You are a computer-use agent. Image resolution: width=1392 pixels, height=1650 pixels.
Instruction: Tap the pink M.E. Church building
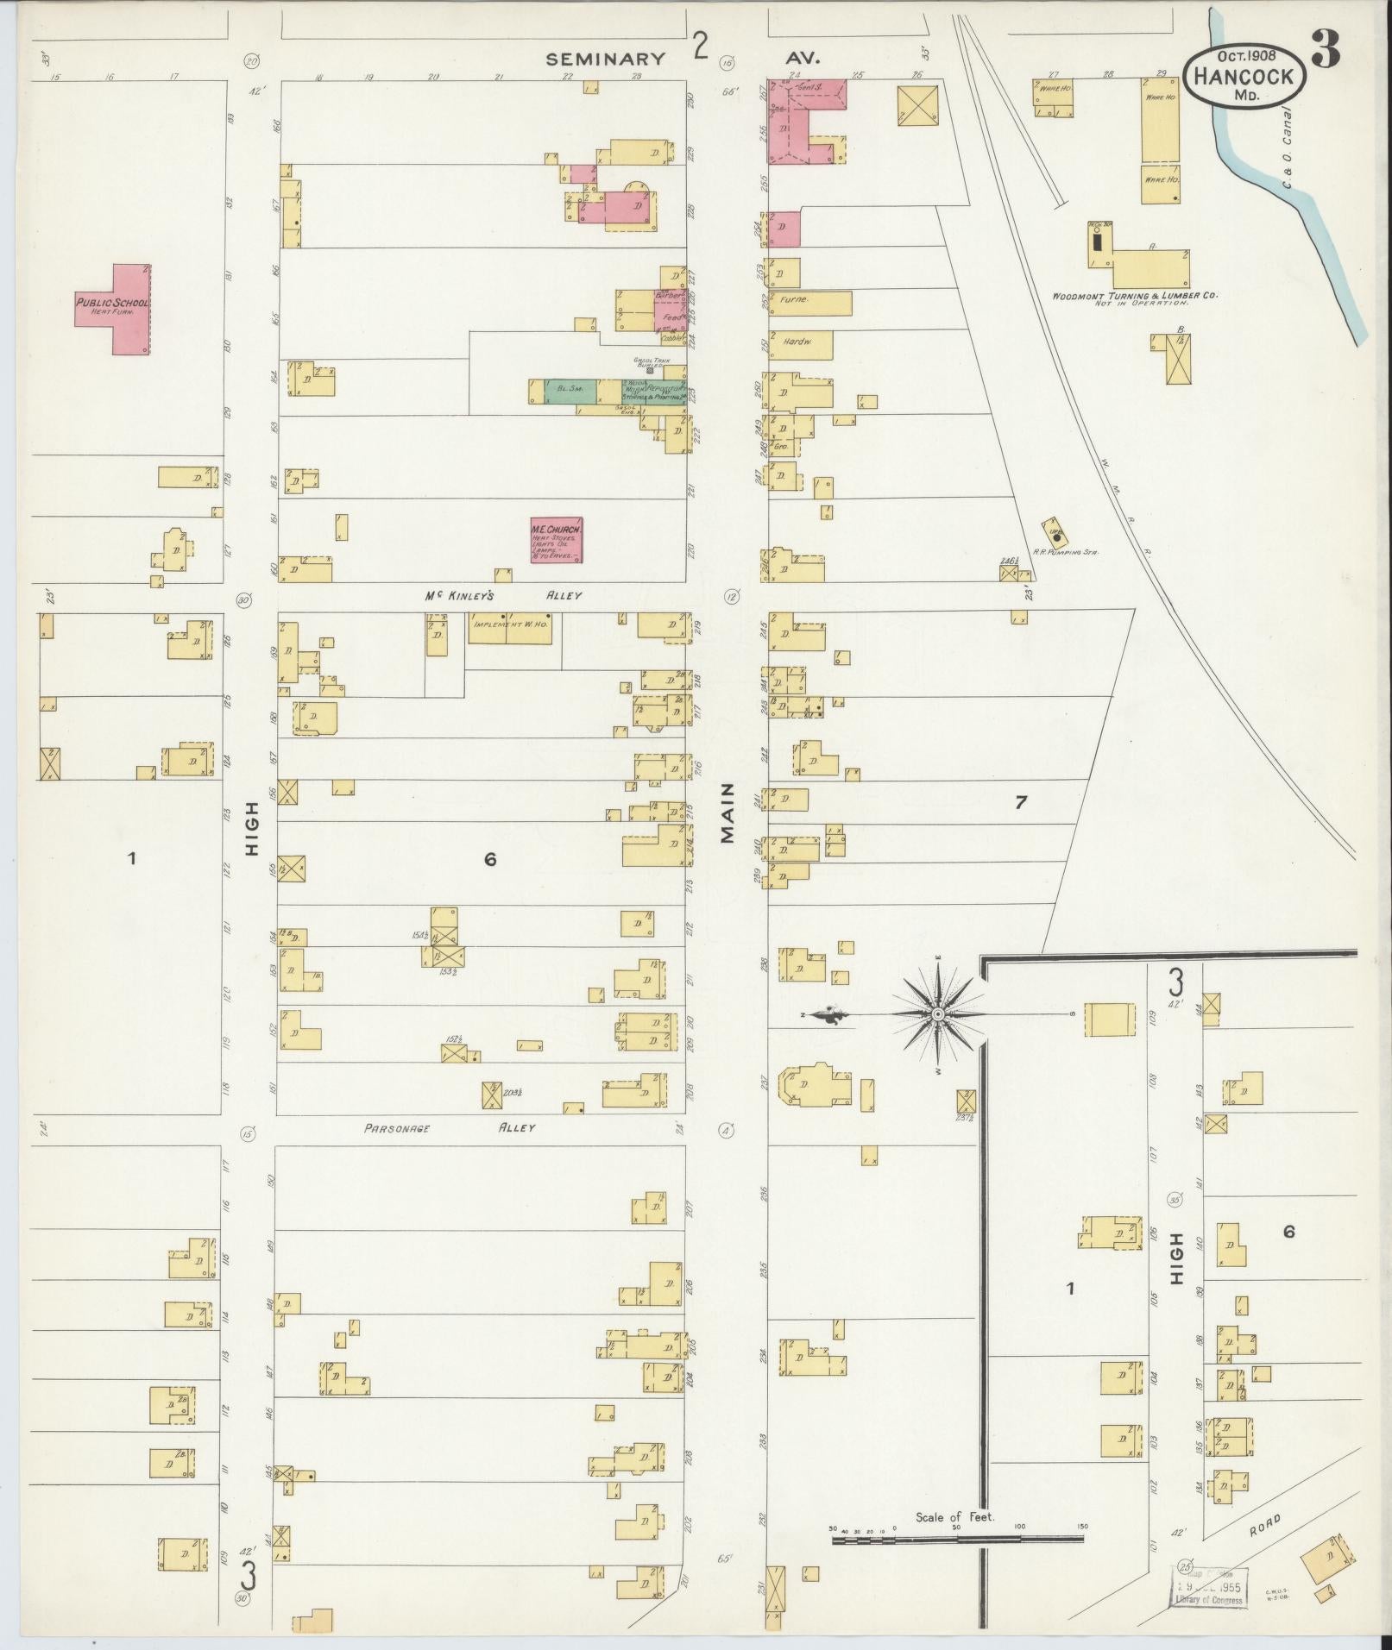click(x=557, y=540)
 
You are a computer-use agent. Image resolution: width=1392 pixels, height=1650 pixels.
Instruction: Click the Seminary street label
click(x=606, y=59)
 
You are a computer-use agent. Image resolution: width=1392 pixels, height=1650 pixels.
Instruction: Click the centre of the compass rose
click(x=938, y=1014)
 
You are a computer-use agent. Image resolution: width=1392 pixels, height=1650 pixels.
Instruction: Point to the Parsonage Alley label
click(x=449, y=1127)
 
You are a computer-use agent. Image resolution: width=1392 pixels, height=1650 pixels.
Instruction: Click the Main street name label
click(x=727, y=812)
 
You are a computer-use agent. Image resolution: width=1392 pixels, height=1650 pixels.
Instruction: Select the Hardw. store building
click(x=802, y=344)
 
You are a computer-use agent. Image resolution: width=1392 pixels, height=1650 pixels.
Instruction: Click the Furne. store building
click(x=809, y=303)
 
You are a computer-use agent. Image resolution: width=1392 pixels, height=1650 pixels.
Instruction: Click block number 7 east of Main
click(x=1021, y=802)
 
